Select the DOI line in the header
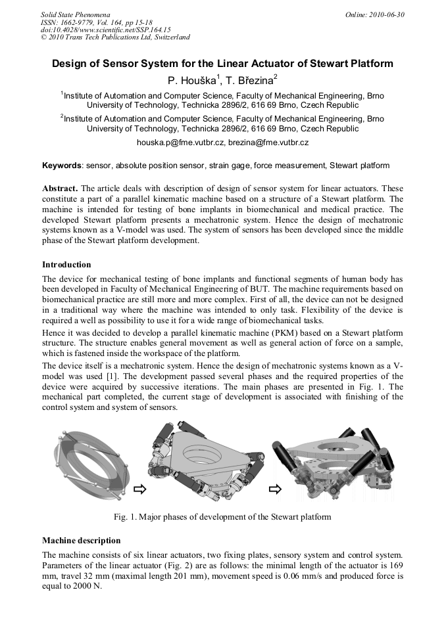coord(105,30)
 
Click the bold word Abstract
coord(61,187)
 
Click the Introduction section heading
coord(66,265)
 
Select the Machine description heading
coord(81,541)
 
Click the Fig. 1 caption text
coord(222,517)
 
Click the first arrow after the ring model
coord(139,489)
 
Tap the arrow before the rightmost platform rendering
coord(275,489)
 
